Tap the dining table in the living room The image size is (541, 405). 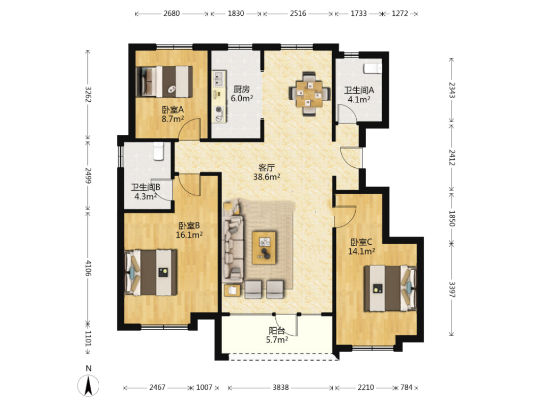coord(309,94)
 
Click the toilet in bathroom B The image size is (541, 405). coord(158,151)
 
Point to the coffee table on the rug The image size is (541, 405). coord(264,248)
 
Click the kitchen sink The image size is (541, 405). coord(218,79)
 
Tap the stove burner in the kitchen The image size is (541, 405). coord(218,110)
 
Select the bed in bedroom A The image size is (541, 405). coord(164,82)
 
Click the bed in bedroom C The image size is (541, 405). coord(390,288)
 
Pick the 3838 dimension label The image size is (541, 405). coord(280,387)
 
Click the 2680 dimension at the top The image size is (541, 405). coord(172,13)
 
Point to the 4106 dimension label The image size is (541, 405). coord(89,268)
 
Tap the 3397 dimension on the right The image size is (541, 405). coord(452,290)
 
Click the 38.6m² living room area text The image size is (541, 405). coord(267,177)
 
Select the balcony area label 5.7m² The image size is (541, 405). coord(277,340)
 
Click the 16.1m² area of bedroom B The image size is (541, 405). coord(189,235)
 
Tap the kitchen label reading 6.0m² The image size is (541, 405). coord(242,98)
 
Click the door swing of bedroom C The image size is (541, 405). coord(345,217)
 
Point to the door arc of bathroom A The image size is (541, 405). coord(347,114)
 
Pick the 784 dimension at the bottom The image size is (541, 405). coord(407,387)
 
